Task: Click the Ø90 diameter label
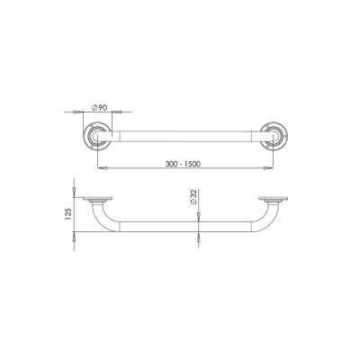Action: coord(101,109)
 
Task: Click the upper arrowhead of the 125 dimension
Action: coord(73,191)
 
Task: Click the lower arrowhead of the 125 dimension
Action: coord(73,236)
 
